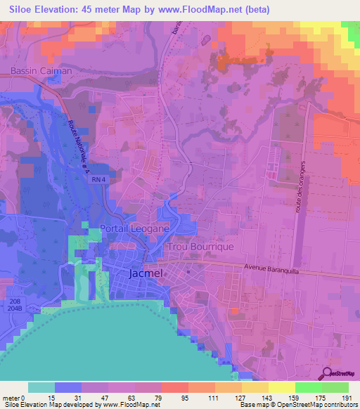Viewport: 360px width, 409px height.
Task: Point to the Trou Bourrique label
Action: (200, 248)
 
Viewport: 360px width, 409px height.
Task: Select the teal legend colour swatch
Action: (41, 387)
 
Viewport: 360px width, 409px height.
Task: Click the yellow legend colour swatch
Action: (281, 387)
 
